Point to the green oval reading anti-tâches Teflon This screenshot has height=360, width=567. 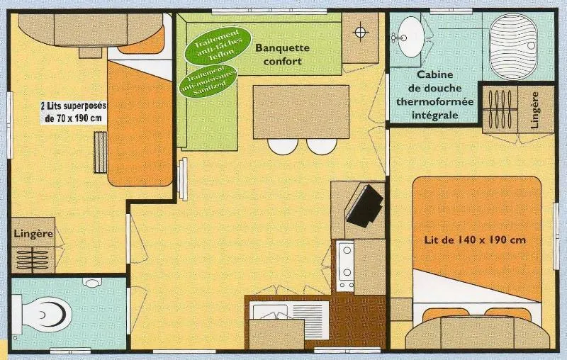(x=218, y=43)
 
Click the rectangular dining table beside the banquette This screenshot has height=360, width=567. (x=301, y=111)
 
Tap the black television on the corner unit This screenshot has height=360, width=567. (x=366, y=206)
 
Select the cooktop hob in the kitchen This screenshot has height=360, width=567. (x=345, y=266)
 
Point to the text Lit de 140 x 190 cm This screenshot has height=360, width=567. (x=475, y=240)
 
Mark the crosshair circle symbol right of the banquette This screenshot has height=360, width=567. (x=361, y=32)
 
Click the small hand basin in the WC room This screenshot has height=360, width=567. (x=92, y=282)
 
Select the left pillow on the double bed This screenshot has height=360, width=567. (x=445, y=314)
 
